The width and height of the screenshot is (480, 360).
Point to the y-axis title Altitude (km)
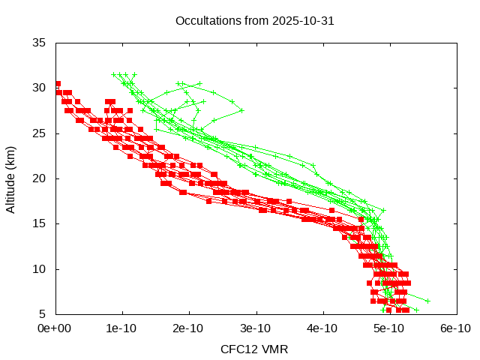click(11, 178)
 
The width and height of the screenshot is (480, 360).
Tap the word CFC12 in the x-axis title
click(238, 349)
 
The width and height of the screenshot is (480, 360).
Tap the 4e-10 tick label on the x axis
click(323, 328)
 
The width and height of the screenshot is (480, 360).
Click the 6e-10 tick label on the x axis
click(457, 328)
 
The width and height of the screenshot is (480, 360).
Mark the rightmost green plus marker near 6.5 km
click(427, 301)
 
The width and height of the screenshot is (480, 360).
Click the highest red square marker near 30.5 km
click(58, 84)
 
